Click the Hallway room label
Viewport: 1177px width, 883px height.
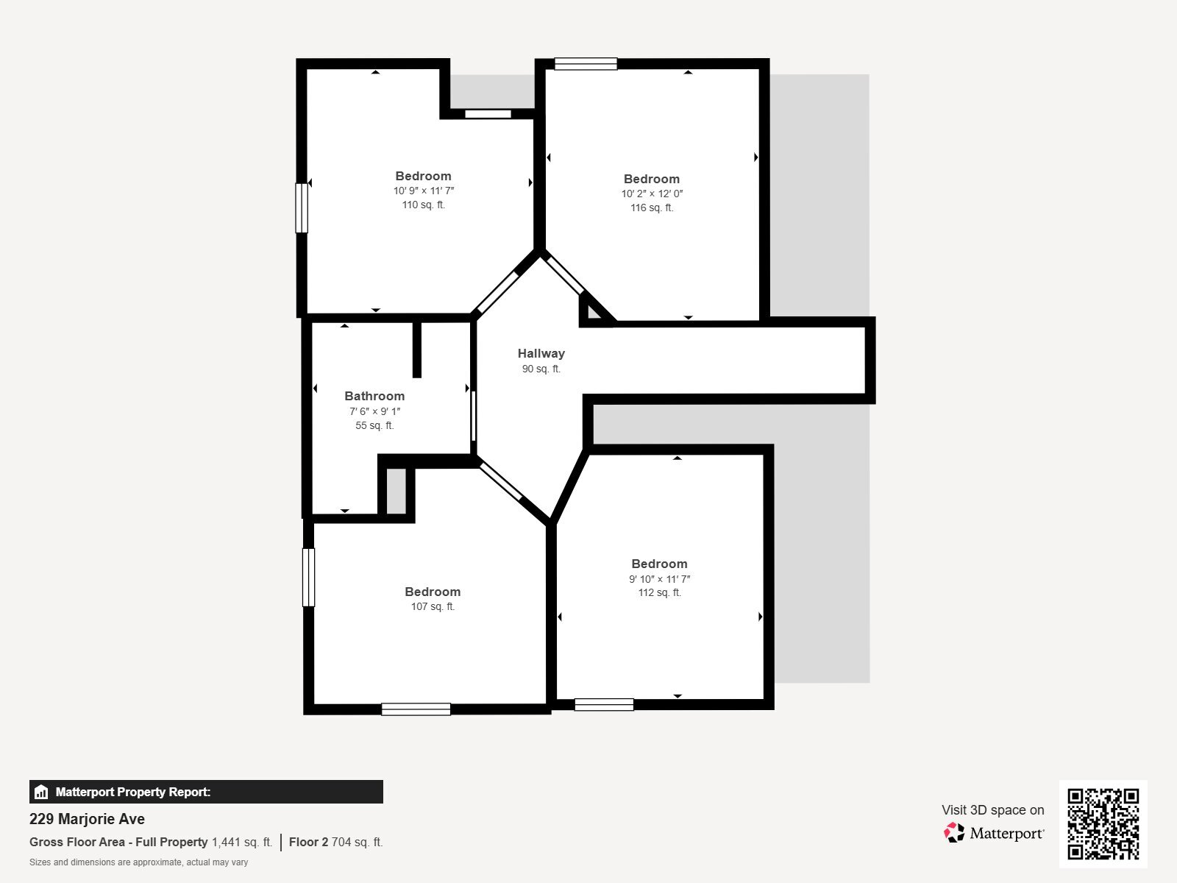click(x=541, y=353)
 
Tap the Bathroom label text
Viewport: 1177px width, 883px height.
click(x=374, y=396)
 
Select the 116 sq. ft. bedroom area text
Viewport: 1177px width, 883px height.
click(x=652, y=208)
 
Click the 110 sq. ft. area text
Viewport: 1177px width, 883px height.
click(x=423, y=205)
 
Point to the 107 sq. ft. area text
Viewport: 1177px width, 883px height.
click(x=433, y=607)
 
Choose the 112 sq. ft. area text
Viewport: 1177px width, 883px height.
click(x=659, y=593)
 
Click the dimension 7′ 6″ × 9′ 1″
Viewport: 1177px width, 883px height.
click(x=374, y=411)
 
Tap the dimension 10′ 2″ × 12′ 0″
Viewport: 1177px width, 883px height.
click(x=652, y=194)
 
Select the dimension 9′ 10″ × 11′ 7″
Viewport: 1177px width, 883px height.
click(x=659, y=579)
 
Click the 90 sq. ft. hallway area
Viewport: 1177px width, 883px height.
click(x=541, y=369)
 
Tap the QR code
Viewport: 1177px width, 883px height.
click(x=1103, y=823)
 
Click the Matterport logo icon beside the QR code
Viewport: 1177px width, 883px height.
click(x=954, y=832)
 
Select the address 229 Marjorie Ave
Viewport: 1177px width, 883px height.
click(x=87, y=819)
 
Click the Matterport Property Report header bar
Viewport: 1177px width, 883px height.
click(x=206, y=792)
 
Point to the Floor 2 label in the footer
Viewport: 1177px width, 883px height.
click(x=308, y=842)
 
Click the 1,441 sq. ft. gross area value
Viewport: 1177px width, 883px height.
click(x=242, y=842)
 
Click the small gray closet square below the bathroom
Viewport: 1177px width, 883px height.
click(x=397, y=491)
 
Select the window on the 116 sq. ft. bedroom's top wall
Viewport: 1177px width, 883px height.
click(x=586, y=64)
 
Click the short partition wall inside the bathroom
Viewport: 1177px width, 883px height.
click(x=417, y=350)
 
